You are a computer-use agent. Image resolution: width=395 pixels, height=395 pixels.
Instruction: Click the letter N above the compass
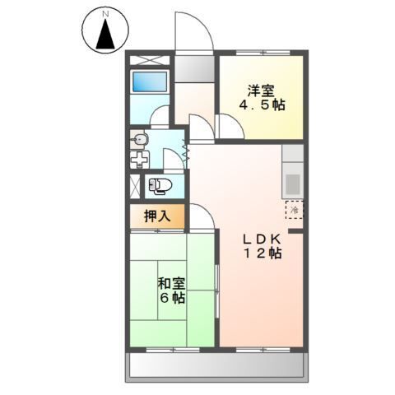[105, 15]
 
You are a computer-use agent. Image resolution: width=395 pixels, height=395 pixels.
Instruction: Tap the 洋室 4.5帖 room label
[258, 97]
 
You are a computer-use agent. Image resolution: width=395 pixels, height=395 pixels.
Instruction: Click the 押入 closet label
[156, 216]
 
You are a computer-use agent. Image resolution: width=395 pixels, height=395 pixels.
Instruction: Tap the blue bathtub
[150, 82]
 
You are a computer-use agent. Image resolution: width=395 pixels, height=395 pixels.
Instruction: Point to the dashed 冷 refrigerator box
[293, 209]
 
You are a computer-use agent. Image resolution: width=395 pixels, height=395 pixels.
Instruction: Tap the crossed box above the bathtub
[149, 60]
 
